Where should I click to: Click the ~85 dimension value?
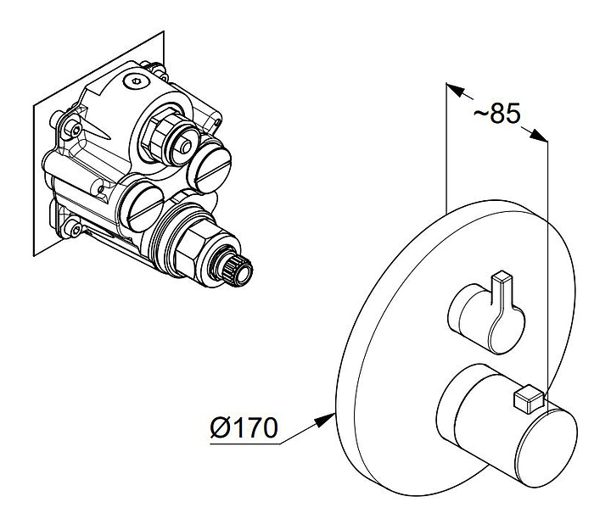(496, 114)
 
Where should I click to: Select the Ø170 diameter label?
(244, 427)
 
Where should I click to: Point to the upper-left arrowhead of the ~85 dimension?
(455, 90)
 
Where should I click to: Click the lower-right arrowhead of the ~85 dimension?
(538, 135)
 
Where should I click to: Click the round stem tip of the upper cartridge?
(186, 147)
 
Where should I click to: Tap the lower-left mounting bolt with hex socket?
(74, 230)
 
